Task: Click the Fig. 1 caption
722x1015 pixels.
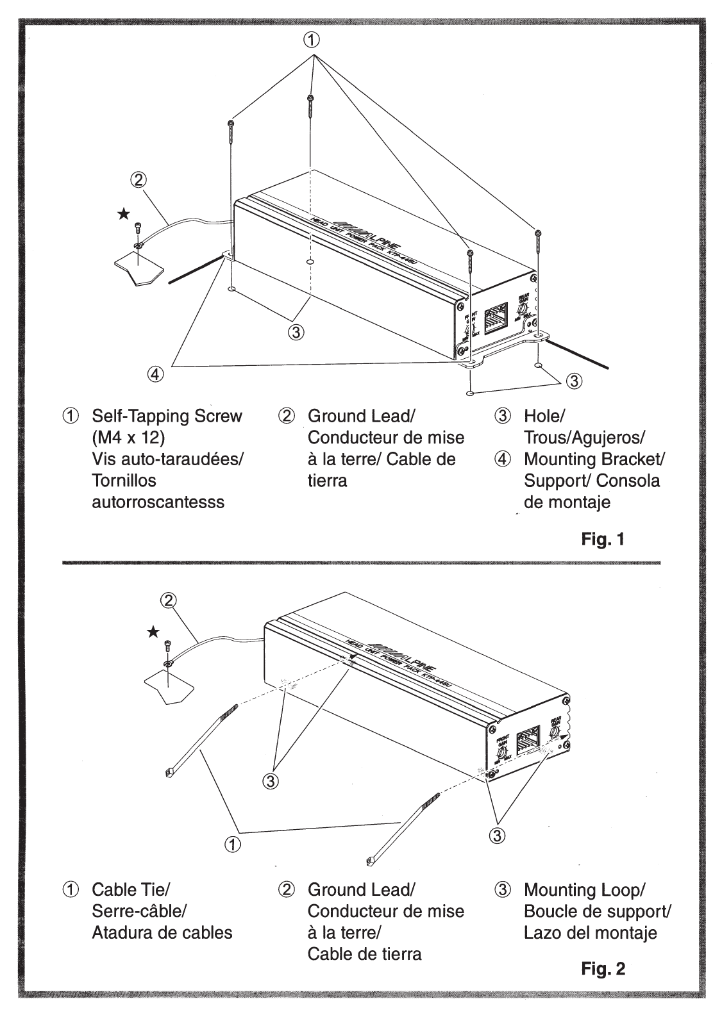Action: [x=602, y=539]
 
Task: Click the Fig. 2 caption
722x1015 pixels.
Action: [x=603, y=968]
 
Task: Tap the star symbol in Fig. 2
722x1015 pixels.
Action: [x=153, y=632]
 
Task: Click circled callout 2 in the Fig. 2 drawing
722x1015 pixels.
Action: [x=168, y=600]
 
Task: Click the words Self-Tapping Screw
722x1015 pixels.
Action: [x=167, y=416]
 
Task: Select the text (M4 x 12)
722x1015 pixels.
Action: [x=128, y=438]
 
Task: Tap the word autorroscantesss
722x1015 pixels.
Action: [x=158, y=502]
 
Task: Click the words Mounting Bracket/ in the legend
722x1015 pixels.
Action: [x=594, y=459]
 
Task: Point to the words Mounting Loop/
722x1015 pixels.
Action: [x=584, y=889]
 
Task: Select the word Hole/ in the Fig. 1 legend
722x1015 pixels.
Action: [x=544, y=416]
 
